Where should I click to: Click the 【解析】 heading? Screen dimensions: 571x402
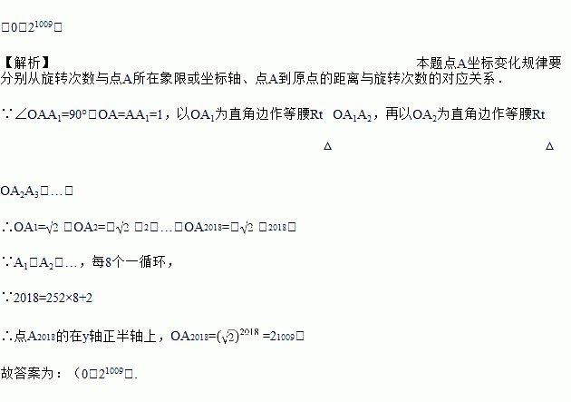tap(27, 63)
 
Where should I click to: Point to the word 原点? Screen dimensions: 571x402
tap(299, 79)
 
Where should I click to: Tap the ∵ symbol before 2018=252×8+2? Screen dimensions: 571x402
tap(7, 298)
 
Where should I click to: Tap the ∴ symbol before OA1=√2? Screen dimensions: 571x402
tap(7, 227)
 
